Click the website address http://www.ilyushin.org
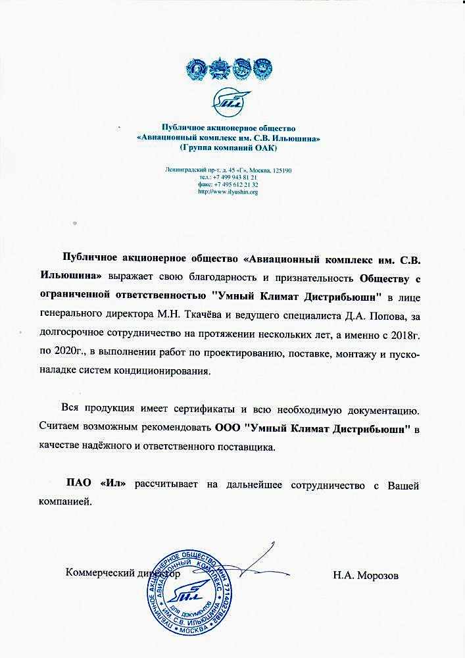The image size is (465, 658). click(x=228, y=191)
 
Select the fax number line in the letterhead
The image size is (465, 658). click(x=228, y=185)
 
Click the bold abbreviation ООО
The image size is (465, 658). click(x=227, y=428)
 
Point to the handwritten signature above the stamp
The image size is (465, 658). click(x=257, y=563)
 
